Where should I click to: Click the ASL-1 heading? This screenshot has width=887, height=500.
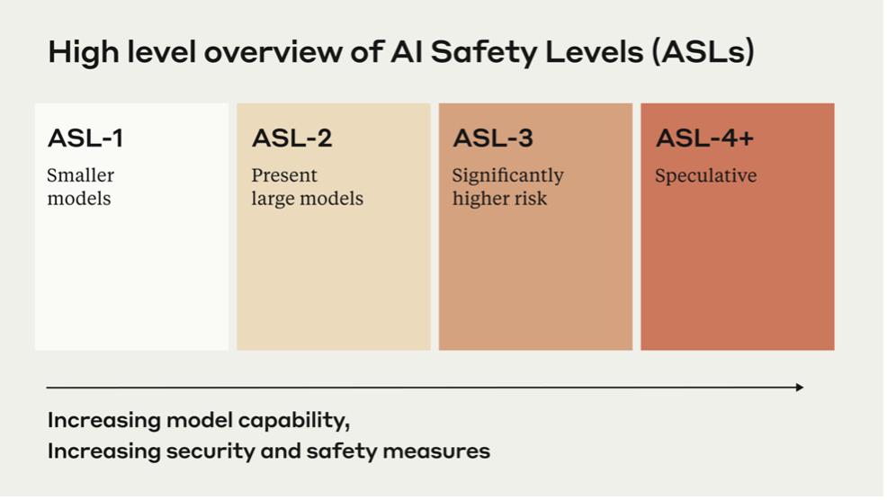[85, 138]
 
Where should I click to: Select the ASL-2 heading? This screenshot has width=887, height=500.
[291, 138]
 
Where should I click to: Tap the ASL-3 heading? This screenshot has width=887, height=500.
[493, 138]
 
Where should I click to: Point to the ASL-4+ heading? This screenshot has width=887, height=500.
[705, 138]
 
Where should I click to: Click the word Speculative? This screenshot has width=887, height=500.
[706, 176]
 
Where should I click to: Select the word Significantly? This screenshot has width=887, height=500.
[508, 176]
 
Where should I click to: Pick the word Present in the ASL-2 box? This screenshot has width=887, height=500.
[284, 175]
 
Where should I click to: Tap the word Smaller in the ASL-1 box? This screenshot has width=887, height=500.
[81, 175]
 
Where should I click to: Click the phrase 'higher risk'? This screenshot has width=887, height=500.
[500, 199]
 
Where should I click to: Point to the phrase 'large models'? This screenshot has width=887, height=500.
[308, 199]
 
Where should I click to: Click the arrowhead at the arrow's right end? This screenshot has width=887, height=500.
[800, 388]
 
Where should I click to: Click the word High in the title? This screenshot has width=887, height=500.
[84, 52]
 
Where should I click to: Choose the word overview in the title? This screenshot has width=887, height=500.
[273, 52]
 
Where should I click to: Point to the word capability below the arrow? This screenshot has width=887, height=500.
[293, 422]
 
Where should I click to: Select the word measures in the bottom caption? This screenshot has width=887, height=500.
[436, 452]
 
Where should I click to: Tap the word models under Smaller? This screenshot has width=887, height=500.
[79, 199]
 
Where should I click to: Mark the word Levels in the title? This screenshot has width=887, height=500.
[595, 52]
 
